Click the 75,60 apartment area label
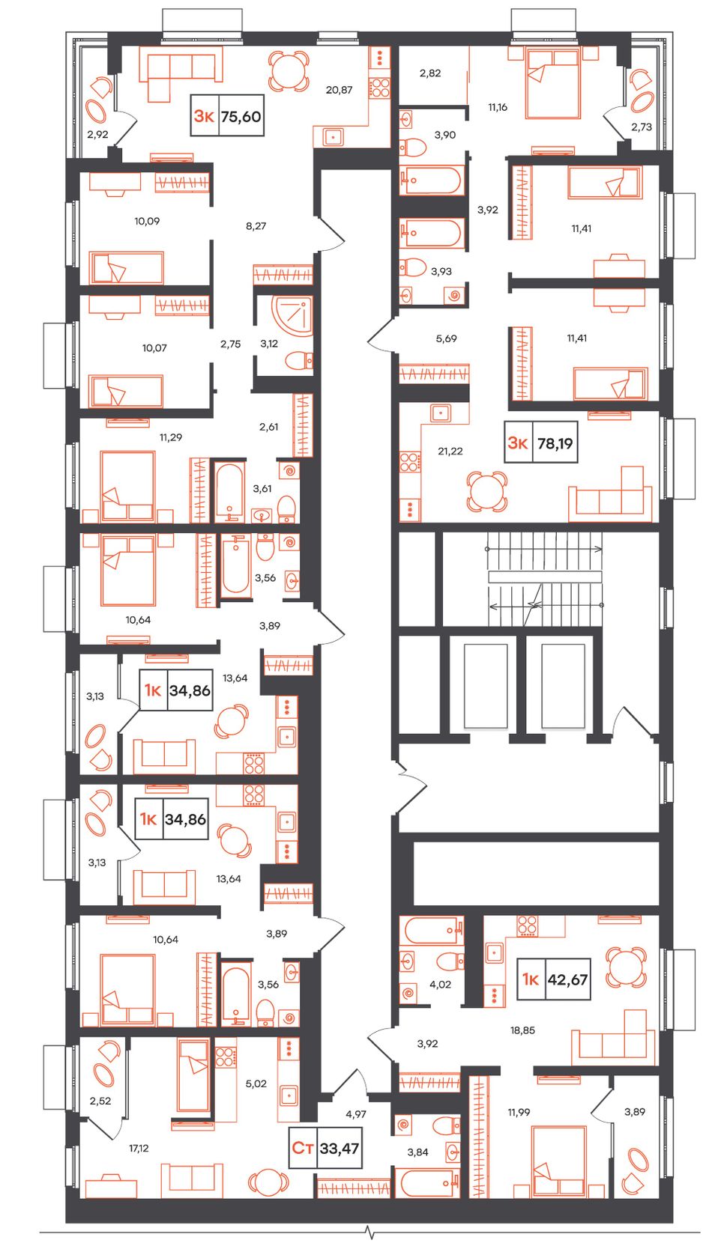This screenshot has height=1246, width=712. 241,117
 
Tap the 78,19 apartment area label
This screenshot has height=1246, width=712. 555,443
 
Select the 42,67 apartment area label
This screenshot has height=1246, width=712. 568,979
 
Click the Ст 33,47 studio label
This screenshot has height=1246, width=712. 326,1148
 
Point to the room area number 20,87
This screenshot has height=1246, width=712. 339,90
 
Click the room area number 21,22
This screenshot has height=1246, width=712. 450,451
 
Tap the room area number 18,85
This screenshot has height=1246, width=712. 522,1030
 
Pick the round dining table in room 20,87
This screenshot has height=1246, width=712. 288,71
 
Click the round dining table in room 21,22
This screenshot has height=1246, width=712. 486,492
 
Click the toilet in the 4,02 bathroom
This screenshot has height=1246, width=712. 450,960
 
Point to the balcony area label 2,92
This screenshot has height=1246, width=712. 98,134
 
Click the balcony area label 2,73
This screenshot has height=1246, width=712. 642,127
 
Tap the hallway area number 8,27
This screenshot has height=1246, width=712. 256,226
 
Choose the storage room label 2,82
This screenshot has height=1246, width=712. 430,73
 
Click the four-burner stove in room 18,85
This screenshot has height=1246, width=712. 527,925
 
